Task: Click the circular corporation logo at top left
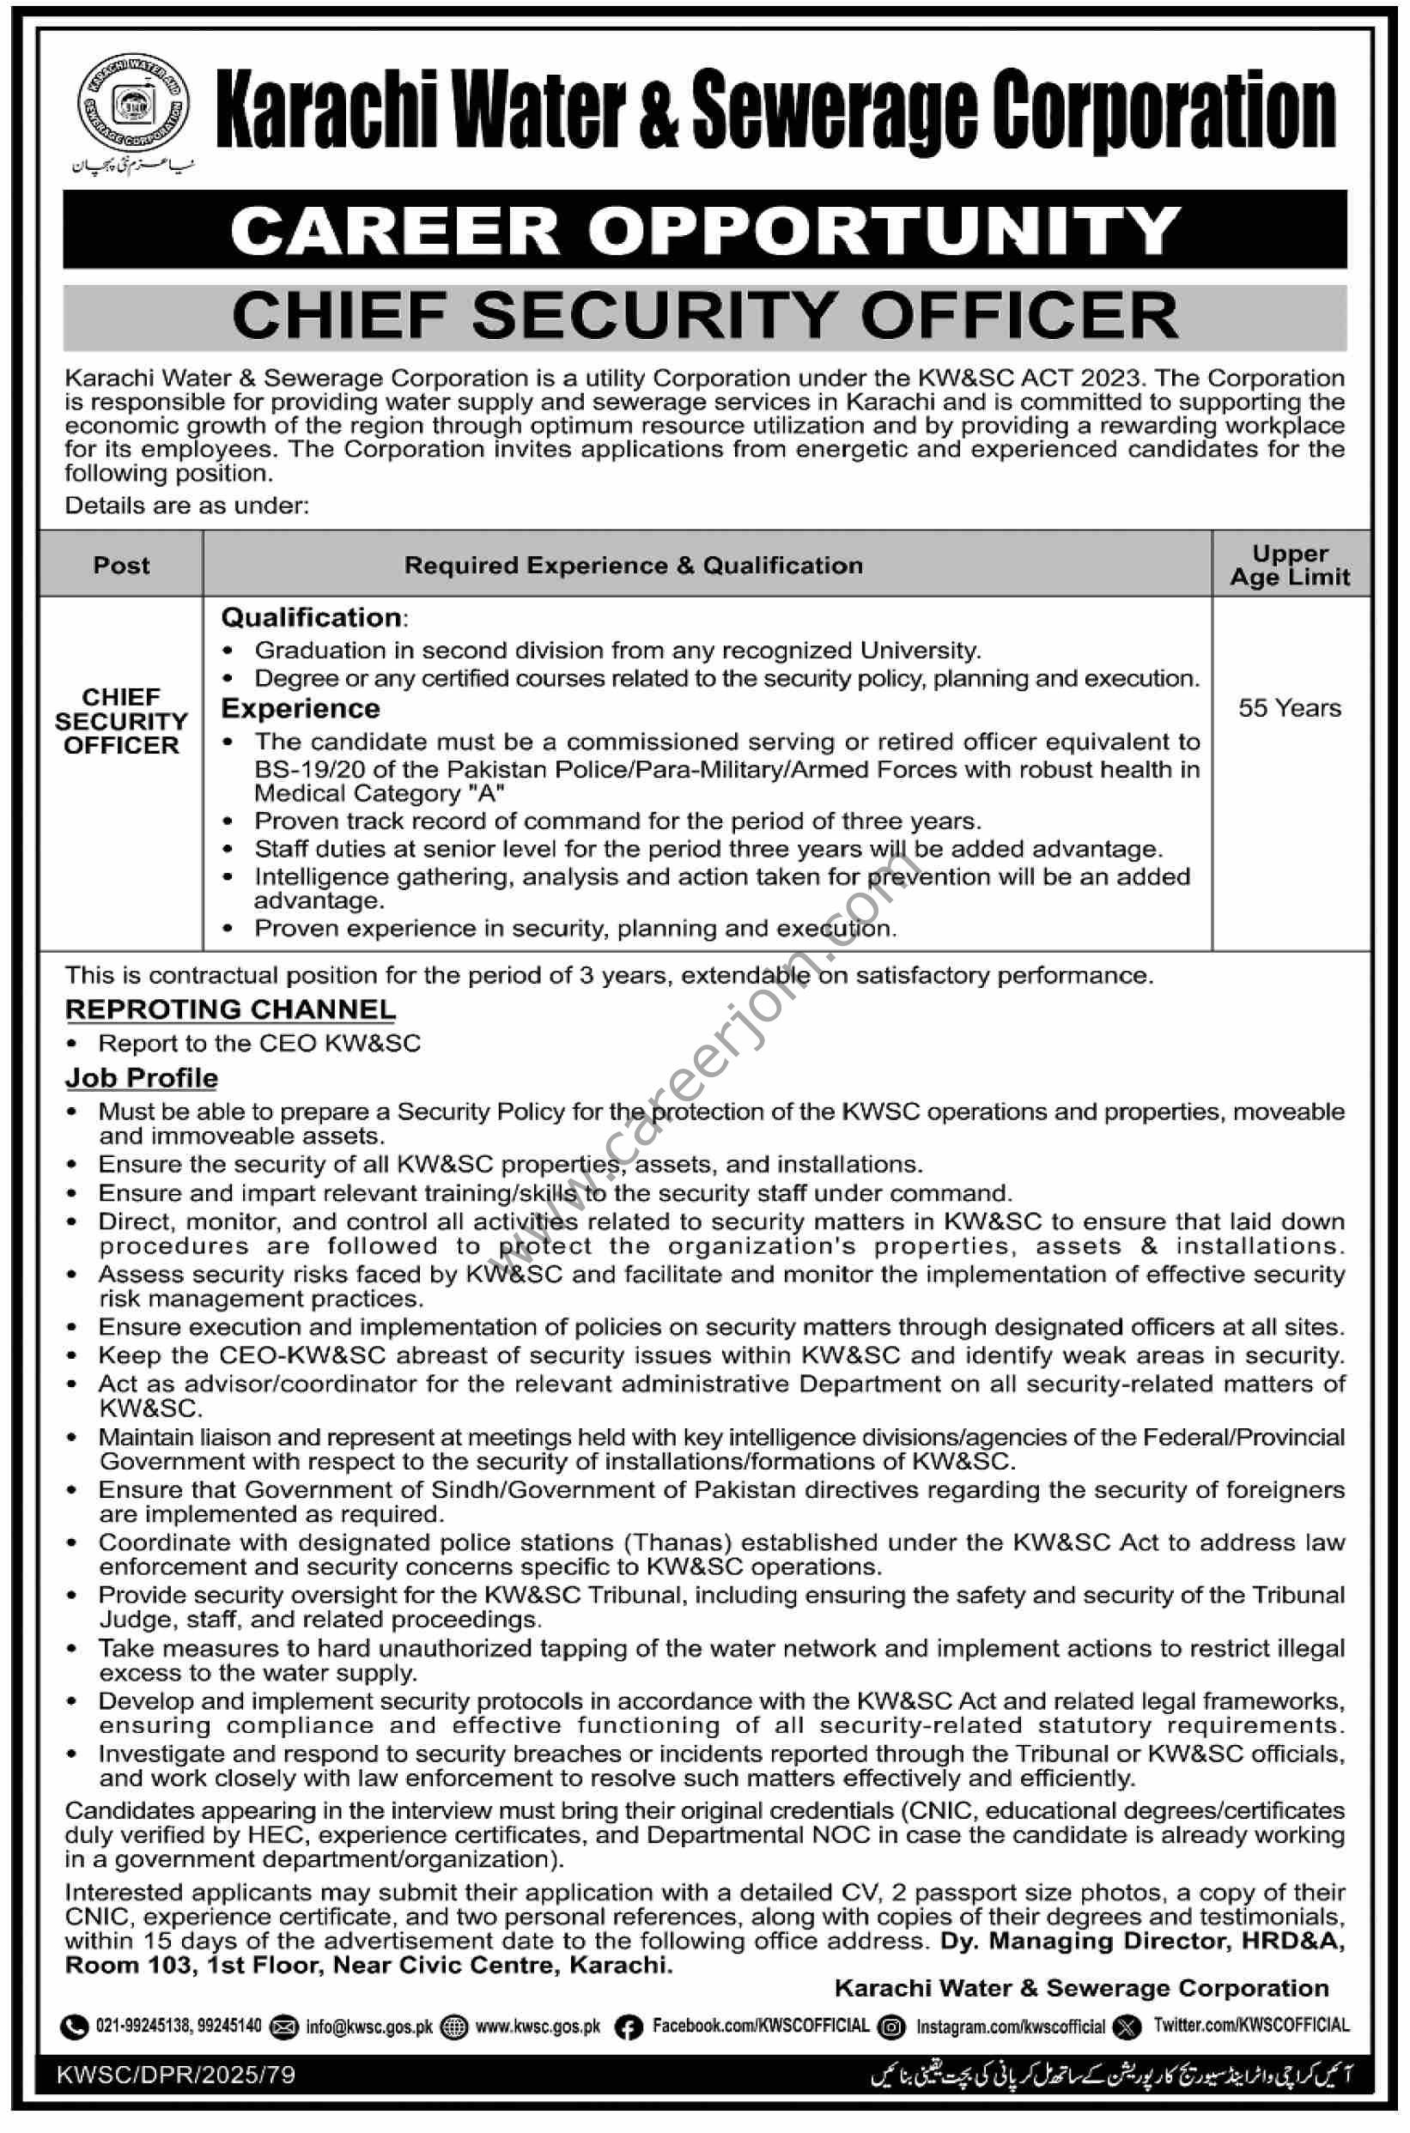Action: (133, 106)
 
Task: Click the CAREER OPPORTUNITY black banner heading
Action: (705, 230)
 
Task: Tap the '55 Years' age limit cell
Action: (1290, 708)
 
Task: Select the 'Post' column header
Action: (121, 566)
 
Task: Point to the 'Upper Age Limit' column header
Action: (1290, 566)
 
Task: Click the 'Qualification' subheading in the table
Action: (312, 617)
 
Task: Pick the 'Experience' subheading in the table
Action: (301, 708)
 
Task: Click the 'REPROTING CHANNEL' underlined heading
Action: (230, 1009)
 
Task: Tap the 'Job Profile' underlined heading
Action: (141, 1078)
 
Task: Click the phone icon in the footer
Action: (74, 2027)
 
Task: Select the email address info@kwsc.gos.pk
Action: (368, 2027)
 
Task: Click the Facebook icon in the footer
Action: (628, 2027)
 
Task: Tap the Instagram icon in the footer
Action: (892, 2027)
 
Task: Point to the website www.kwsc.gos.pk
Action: (538, 2027)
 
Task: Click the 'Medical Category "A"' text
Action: (379, 793)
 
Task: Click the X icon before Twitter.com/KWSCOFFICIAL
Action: (1127, 2027)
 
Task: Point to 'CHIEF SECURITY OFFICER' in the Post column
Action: (121, 721)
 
